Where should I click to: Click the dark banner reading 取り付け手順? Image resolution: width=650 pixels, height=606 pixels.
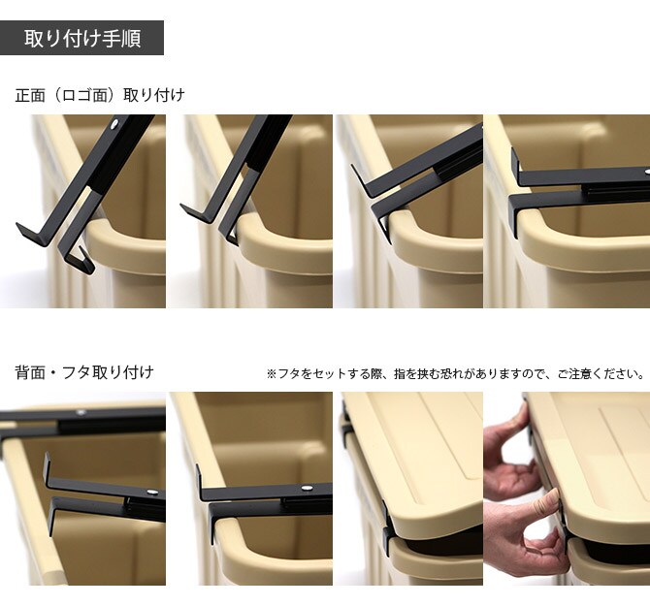[x=82, y=39]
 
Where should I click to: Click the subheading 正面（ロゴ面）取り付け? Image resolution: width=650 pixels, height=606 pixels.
[x=99, y=95]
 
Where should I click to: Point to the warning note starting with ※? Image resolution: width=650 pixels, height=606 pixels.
[x=455, y=373]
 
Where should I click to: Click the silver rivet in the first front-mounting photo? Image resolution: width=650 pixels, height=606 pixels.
[x=117, y=125]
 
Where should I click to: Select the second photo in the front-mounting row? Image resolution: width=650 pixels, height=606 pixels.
[x=249, y=211]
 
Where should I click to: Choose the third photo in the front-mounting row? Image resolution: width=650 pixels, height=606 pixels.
[x=407, y=211]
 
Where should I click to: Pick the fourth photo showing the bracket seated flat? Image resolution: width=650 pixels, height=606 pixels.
[x=567, y=211]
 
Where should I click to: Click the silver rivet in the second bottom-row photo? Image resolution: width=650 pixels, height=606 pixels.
[x=307, y=489]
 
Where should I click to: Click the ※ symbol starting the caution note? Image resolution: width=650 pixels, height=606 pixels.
[x=272, y=373]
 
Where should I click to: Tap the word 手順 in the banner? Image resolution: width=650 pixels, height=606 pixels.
[x=120, y=39]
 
